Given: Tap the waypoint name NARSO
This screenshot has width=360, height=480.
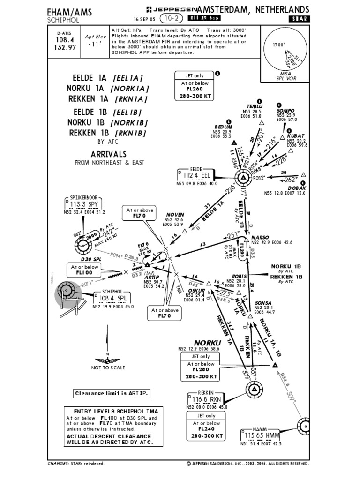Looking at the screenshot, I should pyautogui.click(x=261, y=237).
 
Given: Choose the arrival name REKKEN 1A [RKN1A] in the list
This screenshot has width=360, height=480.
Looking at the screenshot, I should pyautogui.click(x=108, y=99).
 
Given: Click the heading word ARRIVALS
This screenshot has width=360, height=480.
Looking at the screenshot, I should pyautogui.click(x=108, y=154).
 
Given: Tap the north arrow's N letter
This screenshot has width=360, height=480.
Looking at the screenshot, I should pyautogui.click(x=107, y=354).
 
